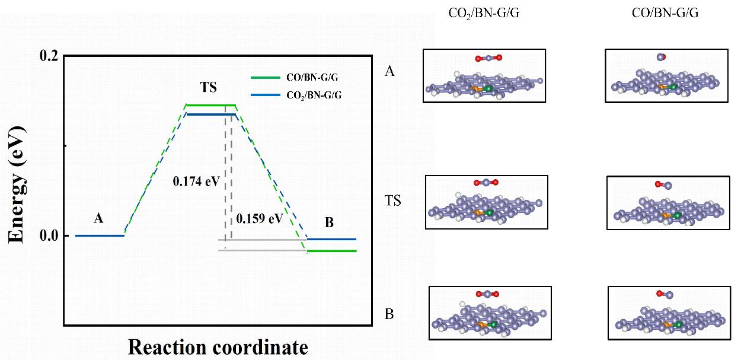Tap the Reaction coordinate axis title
tap(218, 347)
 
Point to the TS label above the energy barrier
tap(209, 87)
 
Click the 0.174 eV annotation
tap(196, 180)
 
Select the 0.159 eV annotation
tap(260, 218)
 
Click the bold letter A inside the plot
tap(99, 218)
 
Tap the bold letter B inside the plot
tap(330, 224)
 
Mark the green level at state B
tap(331, 251)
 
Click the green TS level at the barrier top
tap(210, 105)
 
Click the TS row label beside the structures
tap(392, 201)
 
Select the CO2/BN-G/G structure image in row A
tap(484, 76)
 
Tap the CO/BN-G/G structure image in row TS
tap(668, 202)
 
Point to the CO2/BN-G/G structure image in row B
tap(490, 313)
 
